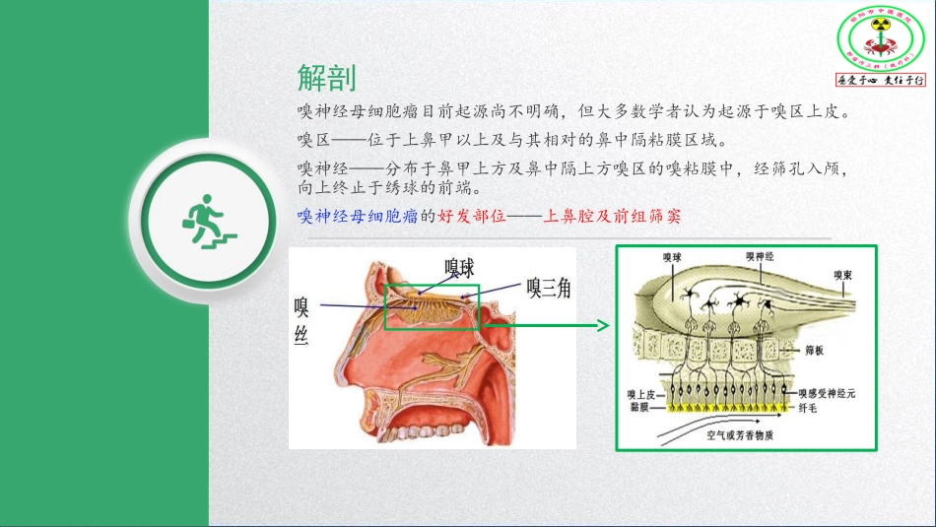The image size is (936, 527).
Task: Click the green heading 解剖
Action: pyautogui.click(x=326, y=78)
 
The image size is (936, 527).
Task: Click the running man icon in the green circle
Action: pyautogui.click(x=207, y=222)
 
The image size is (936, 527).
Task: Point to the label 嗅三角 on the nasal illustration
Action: pyautogui.click(x=548, y=288)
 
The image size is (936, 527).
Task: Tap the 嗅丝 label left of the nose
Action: pyautogui.click(x=302, y=321)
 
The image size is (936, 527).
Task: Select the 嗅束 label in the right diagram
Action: pyautogui.click(x=842, y=274)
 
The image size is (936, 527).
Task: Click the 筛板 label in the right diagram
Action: pyautogui.click(x=814, y=349)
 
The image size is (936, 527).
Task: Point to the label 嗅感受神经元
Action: pyautogui.click(x=826, y=393)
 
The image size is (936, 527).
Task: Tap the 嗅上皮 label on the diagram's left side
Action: pyautogui.click(x=641, y=394)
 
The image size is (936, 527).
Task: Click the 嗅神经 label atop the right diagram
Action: pyautogui.click(x=761, y=256)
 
